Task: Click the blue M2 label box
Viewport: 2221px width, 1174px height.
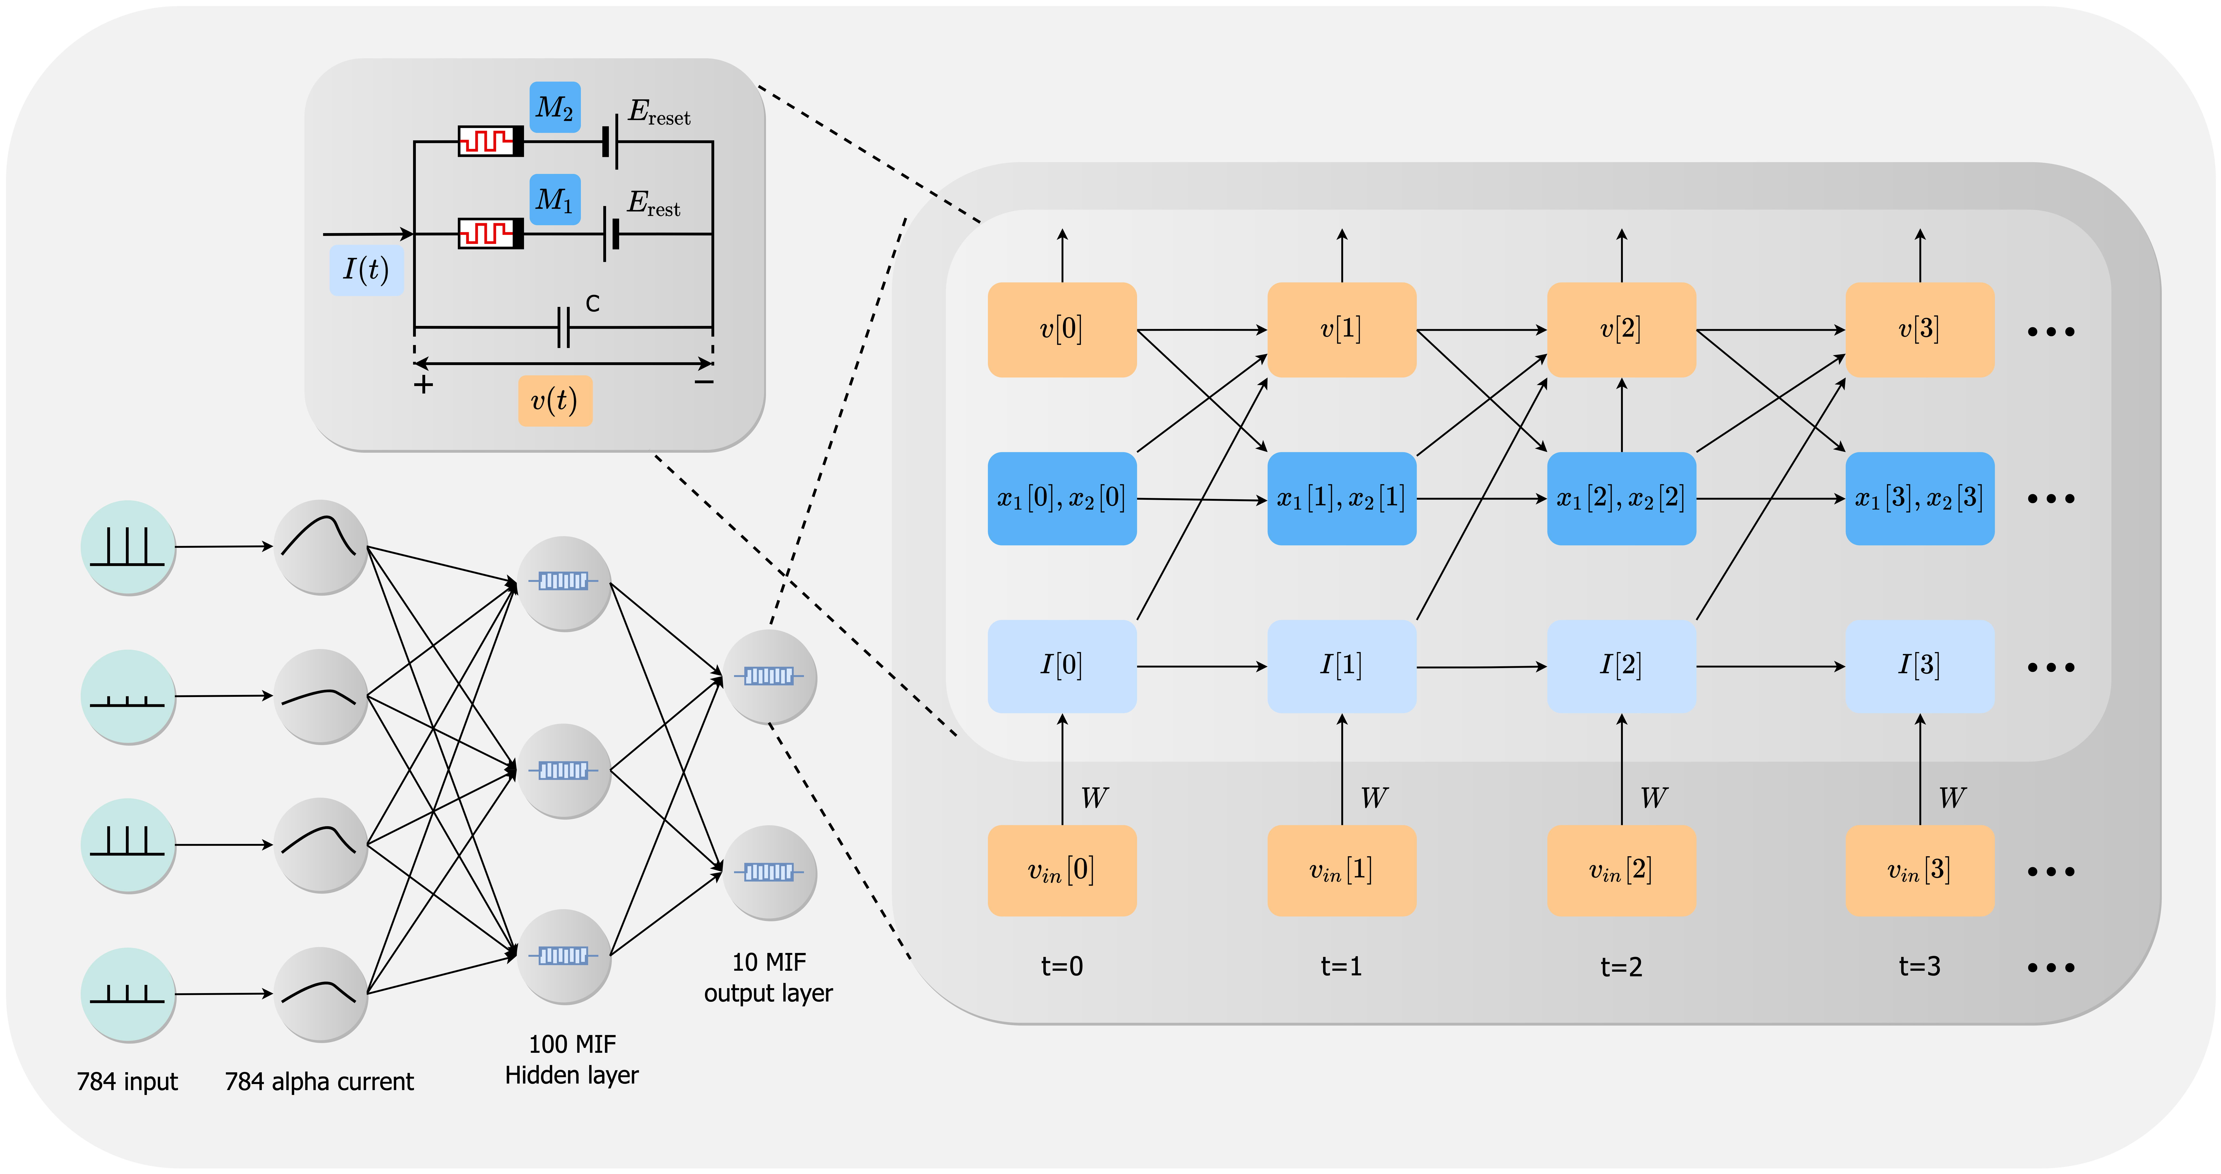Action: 554,108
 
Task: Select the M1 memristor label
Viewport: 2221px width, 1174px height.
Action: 554,200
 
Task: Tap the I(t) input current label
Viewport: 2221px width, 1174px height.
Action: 366,270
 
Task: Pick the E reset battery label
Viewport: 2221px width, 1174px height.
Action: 659,112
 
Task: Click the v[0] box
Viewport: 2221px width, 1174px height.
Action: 1061,329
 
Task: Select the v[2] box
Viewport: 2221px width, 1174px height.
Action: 1621,329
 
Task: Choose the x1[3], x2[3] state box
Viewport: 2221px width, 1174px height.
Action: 1919,498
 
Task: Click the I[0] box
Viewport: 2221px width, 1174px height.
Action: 1061,665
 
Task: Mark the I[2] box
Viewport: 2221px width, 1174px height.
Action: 1621,665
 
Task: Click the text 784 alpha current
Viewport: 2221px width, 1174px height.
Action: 319,1082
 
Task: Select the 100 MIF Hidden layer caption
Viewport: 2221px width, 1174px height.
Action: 572,1059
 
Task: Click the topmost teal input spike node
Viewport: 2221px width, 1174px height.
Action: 128,547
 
